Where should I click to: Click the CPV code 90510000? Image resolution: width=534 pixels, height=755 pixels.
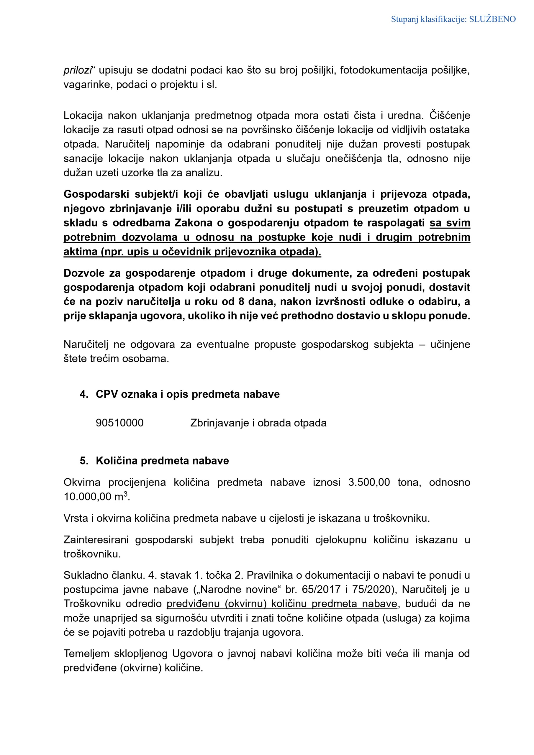tap(119, 423)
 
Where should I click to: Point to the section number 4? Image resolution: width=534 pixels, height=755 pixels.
tap(83, 394)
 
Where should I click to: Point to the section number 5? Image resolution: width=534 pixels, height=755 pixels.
tap(83, 461)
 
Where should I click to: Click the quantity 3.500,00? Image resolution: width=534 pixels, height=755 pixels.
tap(369, 482)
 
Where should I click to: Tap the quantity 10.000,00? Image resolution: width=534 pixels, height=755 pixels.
tap(88, 497)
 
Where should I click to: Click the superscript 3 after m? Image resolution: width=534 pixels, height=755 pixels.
tap(125, 494)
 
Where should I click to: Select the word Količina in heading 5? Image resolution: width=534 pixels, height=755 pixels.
tap(117, 461)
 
